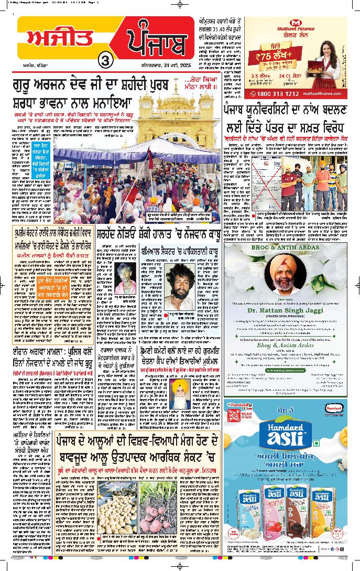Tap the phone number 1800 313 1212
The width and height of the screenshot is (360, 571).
(277, 93)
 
